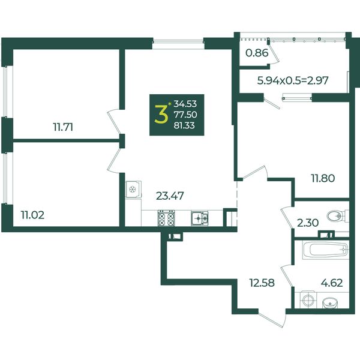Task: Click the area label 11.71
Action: tap(63, 127)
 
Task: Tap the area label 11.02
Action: tap(32, 215)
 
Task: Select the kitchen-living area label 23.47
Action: tap(170, 196)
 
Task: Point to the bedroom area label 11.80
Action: tap(323, 178)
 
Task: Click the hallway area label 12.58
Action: tap(262, 283)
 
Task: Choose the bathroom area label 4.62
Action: tap(332, 283)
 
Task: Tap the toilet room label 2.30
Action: tap(308, 223)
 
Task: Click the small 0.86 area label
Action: tap(257, 53)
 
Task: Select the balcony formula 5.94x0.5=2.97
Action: tap(293, 80)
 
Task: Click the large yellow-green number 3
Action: tap(161, 115)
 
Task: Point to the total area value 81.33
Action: tap(184, 125)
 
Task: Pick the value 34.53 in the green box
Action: tap(185, 104)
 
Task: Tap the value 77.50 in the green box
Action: tap(185, 115)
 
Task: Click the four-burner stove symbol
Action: tap(166, 218)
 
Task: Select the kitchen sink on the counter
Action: tap(199, 218)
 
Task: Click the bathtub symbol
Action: tap(326, 250)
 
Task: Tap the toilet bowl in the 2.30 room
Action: tap(337, 216)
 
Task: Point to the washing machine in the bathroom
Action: tap(308, 299)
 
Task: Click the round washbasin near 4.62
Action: tap(330, 303)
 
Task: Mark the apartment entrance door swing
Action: tap(272, 319)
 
